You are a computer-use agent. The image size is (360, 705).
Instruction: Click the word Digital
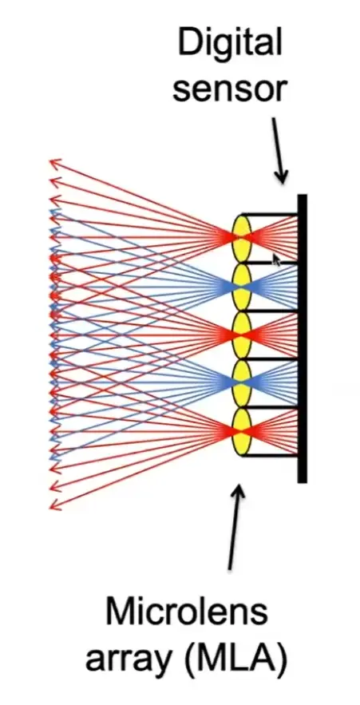230,45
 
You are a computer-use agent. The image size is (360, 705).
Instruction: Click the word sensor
230,89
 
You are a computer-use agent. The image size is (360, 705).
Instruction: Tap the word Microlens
186,612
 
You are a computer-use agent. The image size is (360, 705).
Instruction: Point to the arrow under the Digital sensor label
279,149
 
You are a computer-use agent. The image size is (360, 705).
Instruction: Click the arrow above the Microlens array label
234,527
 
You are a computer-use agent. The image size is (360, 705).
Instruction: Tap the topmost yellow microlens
241,237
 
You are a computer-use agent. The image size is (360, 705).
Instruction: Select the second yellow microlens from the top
241,286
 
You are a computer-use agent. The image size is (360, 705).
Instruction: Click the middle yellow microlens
241,335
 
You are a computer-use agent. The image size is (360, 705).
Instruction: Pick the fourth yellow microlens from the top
241,383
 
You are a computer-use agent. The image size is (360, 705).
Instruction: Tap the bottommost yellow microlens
241,432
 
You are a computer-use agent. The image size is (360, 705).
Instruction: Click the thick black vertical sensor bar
302,339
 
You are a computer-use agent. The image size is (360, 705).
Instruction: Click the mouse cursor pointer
276,259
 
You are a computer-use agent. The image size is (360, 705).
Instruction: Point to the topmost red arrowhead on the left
55,164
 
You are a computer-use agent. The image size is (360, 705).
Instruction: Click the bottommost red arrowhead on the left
55,505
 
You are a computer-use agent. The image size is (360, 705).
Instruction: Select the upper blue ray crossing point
241,286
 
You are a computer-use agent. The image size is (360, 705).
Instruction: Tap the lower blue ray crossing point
241,383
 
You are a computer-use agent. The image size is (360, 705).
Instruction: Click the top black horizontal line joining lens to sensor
270,214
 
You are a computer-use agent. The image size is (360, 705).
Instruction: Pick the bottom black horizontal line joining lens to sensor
270,456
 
